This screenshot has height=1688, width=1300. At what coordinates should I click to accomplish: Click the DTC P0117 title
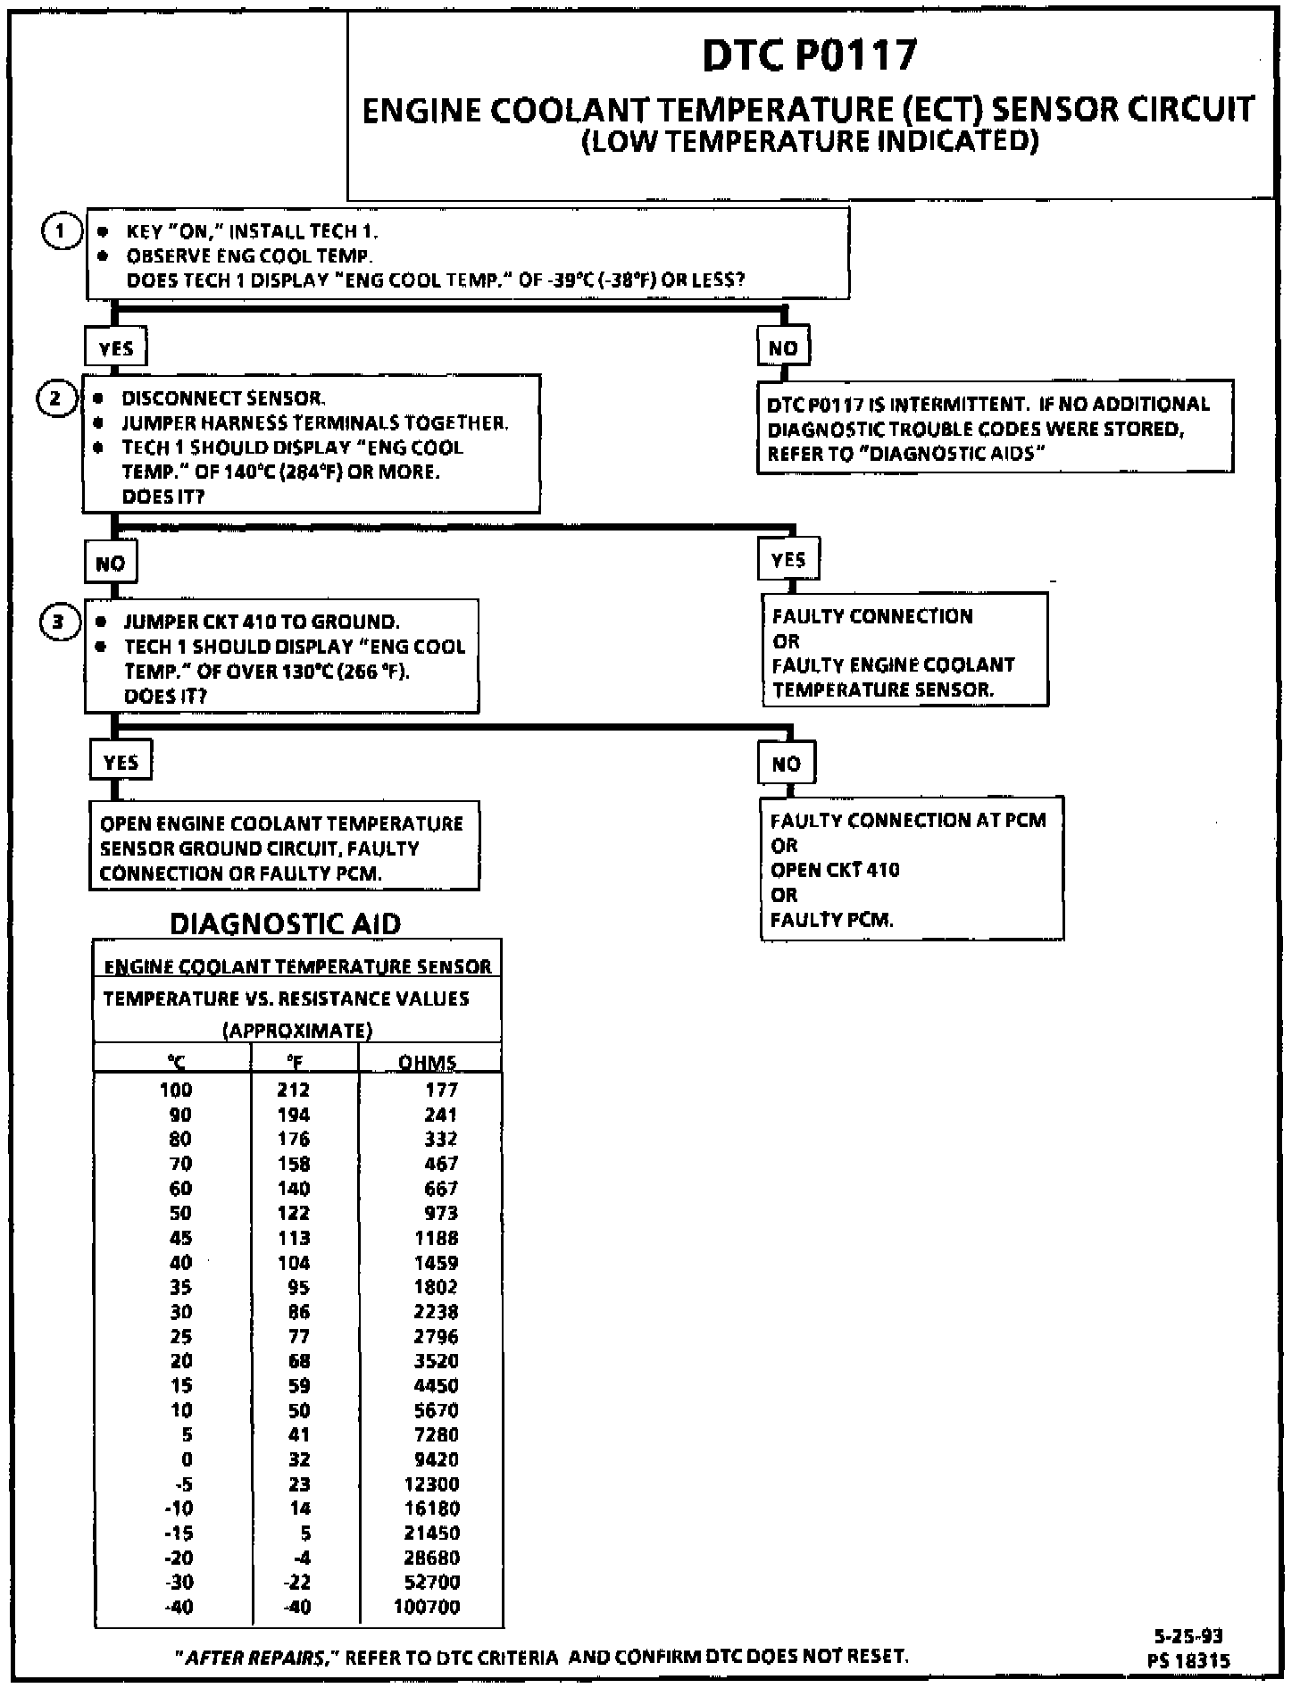coord(809,55)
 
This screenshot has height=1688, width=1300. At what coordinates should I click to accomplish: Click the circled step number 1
coord(60,231)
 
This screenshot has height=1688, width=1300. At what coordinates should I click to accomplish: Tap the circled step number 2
coord(55,398)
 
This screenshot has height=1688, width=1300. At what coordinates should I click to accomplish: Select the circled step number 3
coord(59,621)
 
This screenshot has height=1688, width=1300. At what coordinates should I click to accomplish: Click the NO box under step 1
coord(783,347)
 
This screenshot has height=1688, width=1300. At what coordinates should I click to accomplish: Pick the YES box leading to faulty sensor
coord(788,560)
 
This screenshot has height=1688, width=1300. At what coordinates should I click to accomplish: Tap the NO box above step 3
coord(111,564)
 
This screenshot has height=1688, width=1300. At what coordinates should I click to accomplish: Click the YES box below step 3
coord(121,762)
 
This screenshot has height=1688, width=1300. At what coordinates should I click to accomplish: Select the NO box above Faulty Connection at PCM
coord(786,764)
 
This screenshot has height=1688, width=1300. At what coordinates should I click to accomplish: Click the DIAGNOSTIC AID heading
coord(285,923)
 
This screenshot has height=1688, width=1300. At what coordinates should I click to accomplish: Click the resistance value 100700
coord(428,1607)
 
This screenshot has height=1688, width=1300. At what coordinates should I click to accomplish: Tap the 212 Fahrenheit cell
coord(294,1090)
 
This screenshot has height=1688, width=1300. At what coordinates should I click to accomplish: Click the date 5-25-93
coord(1188,1636)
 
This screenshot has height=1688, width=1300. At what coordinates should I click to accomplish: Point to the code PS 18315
coord(1188,1660)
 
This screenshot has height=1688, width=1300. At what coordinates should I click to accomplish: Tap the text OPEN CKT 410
coord(835,870)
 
